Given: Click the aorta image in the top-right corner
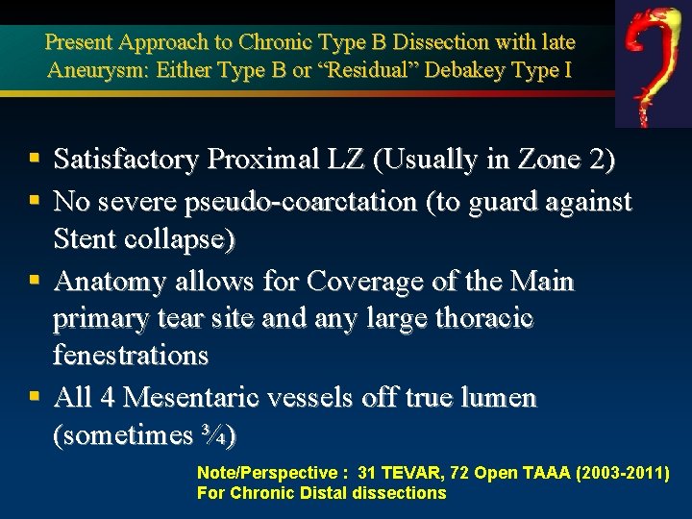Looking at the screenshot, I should point(653,63).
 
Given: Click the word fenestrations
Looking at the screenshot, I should point(131,355).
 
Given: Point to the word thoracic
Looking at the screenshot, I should point(479,317).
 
